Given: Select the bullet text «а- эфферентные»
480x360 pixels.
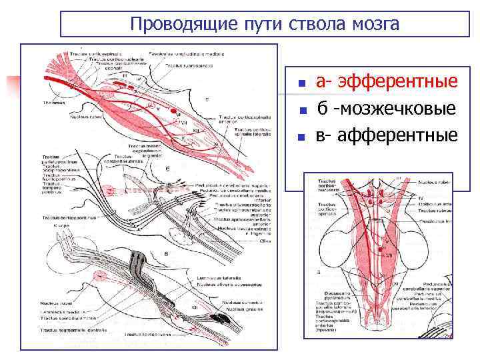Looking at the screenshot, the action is point(387,82).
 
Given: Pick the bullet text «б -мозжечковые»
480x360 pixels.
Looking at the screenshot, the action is point(386,109).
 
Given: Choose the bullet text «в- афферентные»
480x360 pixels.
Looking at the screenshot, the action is point(387,136).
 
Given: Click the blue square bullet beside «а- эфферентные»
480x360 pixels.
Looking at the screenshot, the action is point(301,85).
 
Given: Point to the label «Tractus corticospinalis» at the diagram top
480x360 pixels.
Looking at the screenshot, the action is point(93,54).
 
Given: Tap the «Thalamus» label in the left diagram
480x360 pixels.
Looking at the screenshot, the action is point(51,103).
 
